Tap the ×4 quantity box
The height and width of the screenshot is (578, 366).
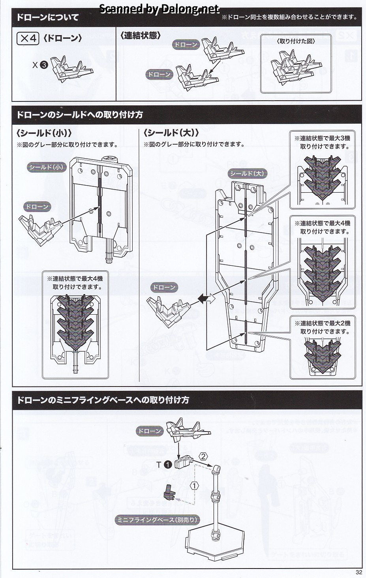coord(28,38)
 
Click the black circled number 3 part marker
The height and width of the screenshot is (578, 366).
coord(44,65)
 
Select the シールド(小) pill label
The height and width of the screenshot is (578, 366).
coord(46,167)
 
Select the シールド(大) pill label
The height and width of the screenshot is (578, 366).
coord(247,173)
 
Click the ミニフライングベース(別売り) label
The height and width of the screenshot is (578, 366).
coord(157,520)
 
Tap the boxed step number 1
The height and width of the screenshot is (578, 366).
coord(194,485)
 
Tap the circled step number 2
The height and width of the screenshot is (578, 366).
coord(203,457)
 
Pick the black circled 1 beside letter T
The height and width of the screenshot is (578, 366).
coord(168,464)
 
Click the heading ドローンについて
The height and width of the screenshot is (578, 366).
coord(47,17)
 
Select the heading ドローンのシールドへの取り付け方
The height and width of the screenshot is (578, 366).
coord(79,115)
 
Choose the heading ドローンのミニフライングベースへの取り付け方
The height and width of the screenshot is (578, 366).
coord(103,400)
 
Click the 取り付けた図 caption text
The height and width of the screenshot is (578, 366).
coord(296,41)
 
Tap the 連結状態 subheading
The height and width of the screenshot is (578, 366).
coord(141,36)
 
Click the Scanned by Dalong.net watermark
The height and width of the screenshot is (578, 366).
coord(159,9)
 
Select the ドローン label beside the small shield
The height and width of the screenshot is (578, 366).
coord(36,206)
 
